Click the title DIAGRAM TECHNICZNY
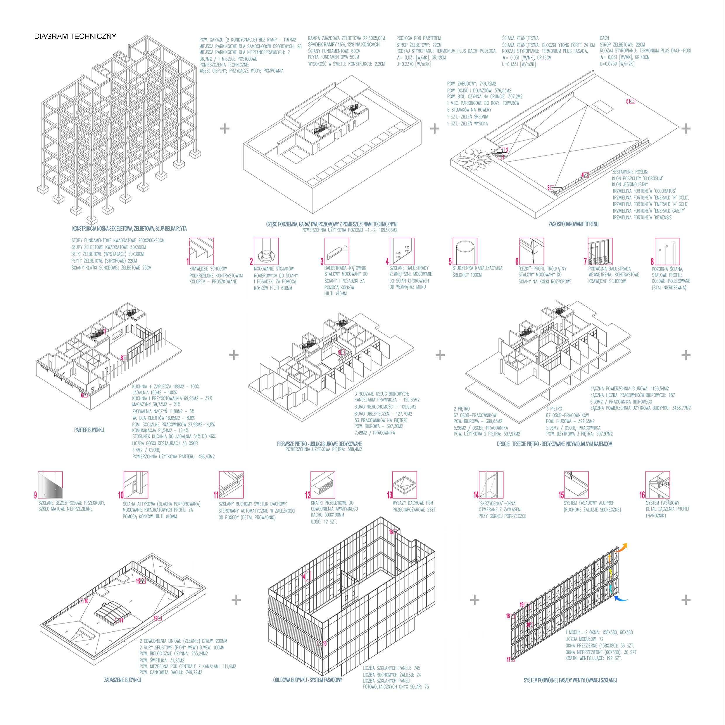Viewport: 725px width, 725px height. [75, 37]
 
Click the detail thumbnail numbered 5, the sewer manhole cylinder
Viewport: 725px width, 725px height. [465, 251]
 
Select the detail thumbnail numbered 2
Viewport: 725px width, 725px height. [266, 251]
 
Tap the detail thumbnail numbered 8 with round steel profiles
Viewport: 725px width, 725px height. [667, 251]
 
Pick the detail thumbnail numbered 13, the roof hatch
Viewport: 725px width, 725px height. [405, 484]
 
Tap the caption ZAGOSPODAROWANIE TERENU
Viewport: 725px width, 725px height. [573, 224]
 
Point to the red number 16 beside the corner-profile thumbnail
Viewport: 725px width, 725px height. [642, 495]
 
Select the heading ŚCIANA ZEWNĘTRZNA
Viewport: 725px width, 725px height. [520, 38]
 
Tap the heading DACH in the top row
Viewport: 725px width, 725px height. [604, 38]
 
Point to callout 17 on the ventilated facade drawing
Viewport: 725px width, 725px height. [509, 669]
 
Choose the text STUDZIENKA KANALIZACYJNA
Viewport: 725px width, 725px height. [477, 268]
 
